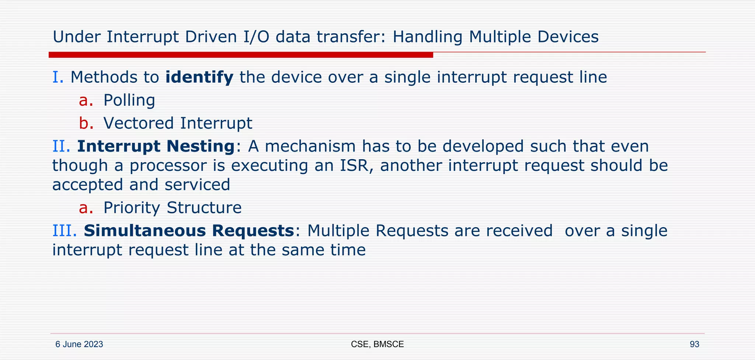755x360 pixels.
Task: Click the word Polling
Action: [129, 100]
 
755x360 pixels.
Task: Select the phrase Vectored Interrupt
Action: [178, 123]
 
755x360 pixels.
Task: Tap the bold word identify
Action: [199, 77]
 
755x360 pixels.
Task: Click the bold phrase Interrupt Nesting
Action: [156, 146]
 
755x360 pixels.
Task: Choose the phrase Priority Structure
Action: [172, 208]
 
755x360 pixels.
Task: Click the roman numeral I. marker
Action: [58, 77]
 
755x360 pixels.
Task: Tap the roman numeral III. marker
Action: [65, 231]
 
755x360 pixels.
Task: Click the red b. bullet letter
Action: [86, 123]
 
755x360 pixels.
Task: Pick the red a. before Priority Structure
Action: [86, 208]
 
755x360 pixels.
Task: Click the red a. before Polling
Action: [86, 100]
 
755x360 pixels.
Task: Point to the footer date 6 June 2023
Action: [79, 345]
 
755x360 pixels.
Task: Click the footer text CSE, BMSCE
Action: [377, 345]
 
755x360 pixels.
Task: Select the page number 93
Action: [694, 345]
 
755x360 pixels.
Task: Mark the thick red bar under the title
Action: [241, 55]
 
